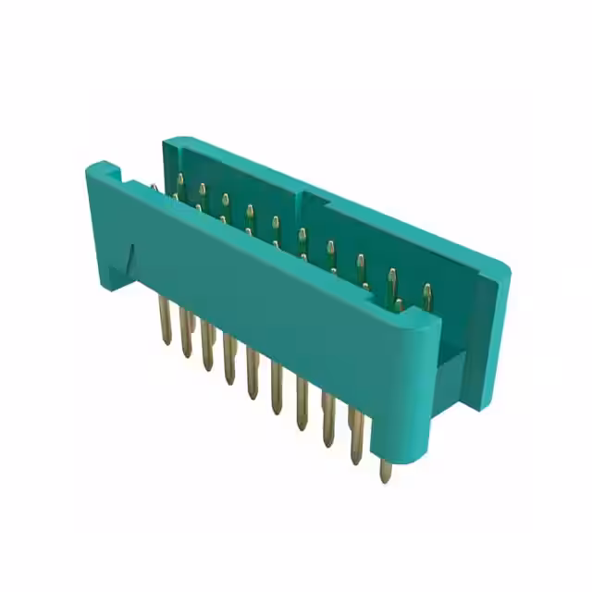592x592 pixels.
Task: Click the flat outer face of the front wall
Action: pos(277,305)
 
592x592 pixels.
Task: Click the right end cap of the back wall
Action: pos(490,333)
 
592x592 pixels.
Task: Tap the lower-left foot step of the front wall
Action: pos(116,277)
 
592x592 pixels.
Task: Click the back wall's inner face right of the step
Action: pos(388,250)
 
